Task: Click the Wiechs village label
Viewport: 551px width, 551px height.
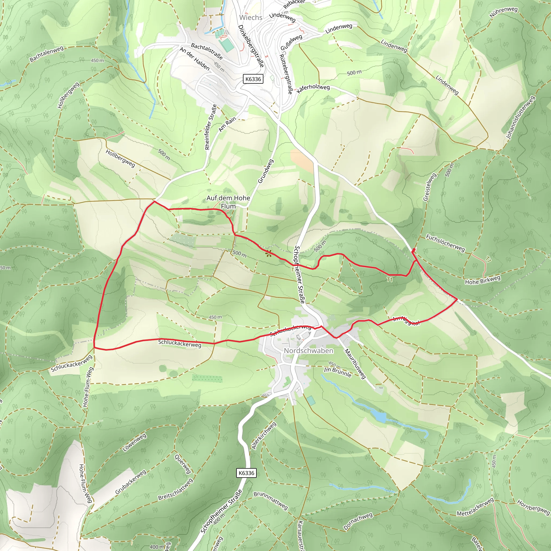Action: pyautogui.click(x=251, y=17)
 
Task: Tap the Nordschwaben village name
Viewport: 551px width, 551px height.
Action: pyautogui.click(x=308, y=351)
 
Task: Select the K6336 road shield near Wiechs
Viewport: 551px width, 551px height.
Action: pyautogui.click(x=253, y=79)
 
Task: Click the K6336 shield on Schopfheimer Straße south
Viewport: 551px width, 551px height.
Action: pyautogui.click(x=246, y=473)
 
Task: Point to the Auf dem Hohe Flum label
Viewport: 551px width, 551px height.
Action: pyautogui.click(x=228, y=202)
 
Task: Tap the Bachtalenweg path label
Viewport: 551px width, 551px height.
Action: pyautogui.click(x=46, y=54)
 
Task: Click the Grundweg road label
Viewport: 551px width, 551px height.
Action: pyautogui.click(x=266, y=171)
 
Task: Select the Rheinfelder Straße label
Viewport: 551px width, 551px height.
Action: pyautogui.click(x=211, y=127)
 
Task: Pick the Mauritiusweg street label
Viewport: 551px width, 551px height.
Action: pyautogui.click(x=355, y=364)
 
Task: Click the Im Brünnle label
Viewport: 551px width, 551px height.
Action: pyautogui.click(x=338, y=372)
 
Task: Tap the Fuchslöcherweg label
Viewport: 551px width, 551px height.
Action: pyautogui.click(x=445, y=243)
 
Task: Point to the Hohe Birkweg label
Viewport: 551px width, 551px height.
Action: pyautogui.click(x=483, y=280)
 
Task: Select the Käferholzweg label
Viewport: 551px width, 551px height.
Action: pyautogui.click(x=313, y=89)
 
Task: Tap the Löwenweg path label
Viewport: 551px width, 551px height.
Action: pyautogui.click(x=135, y=442)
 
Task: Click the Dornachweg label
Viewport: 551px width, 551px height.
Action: pyautogui.click(x=358, y=522)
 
